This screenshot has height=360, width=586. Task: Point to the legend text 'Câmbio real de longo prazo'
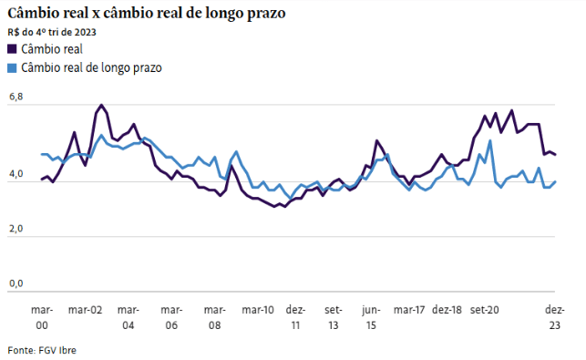tap(91, 67)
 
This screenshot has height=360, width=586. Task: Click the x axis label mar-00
tap(42, 316)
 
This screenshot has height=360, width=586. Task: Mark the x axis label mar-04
tap(128, 316)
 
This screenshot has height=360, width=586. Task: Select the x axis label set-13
tap(333, 316)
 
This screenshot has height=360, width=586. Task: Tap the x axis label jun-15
tap(370, 316)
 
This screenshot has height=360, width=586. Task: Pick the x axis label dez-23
tap(554, 316)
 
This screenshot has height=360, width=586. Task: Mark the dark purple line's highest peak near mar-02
tap(100, 106)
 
